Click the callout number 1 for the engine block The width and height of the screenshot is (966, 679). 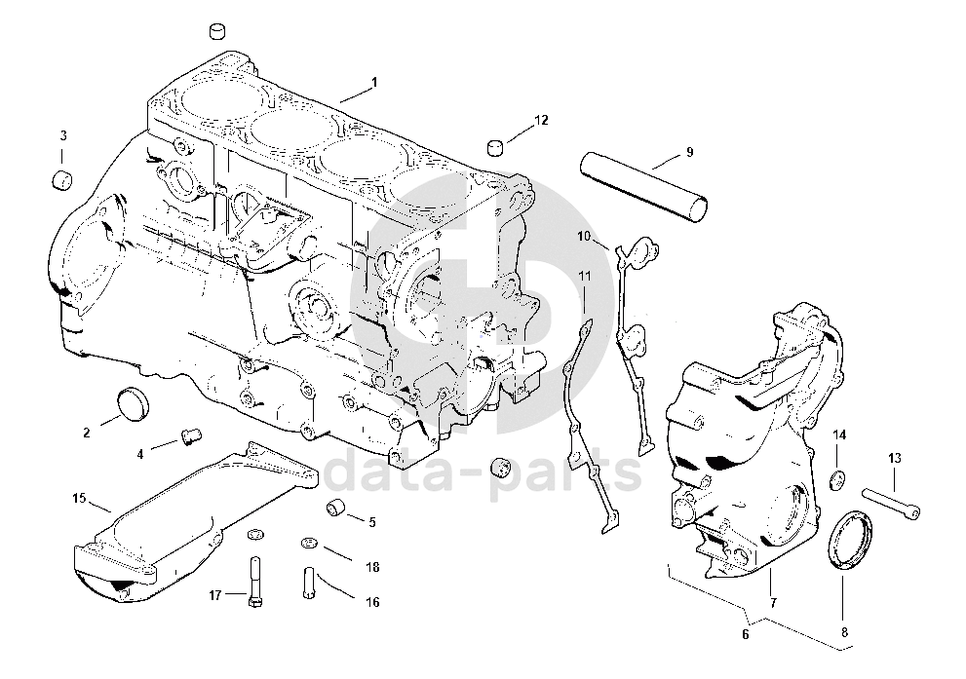[374, 82]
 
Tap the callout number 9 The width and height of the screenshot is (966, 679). [689, 152]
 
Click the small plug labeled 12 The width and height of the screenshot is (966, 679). [496, 148]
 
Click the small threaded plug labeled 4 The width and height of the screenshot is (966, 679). [190, 435]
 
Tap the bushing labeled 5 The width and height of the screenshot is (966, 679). [335, 508]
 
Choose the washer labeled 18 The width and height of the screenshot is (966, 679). [309, 543]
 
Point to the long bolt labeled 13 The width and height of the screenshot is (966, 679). [891, 503]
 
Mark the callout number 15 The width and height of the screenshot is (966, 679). [80, 498]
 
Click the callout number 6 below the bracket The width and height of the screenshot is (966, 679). [746, 634]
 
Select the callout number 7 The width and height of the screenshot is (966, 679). [773, 603]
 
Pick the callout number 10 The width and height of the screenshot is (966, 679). [584, 237]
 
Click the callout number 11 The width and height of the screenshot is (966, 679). [585, 277]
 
